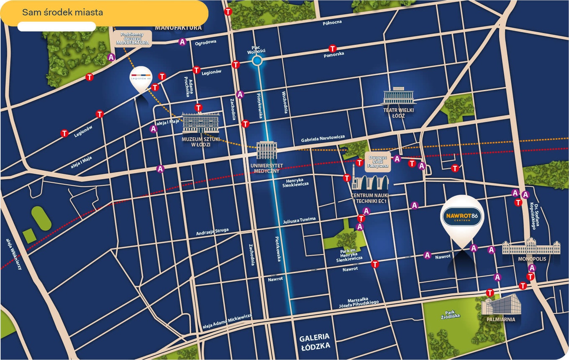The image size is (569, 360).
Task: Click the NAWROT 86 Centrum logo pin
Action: point(462,217)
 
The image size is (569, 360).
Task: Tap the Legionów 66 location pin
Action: point(141,78)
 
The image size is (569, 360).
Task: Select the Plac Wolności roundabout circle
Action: point(257,61)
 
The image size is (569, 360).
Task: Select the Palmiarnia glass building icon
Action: point(501,305)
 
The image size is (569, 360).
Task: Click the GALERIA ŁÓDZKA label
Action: point(315,341)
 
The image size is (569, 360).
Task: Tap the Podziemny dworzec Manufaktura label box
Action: point(132,38)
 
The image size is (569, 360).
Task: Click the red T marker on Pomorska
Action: point(333,49)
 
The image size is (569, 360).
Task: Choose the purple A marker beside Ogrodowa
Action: point(182,42)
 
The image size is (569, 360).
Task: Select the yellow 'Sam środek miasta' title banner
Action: point(104,13)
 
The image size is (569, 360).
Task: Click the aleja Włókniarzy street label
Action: point(14,254)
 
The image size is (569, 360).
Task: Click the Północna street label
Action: point(332,22)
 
